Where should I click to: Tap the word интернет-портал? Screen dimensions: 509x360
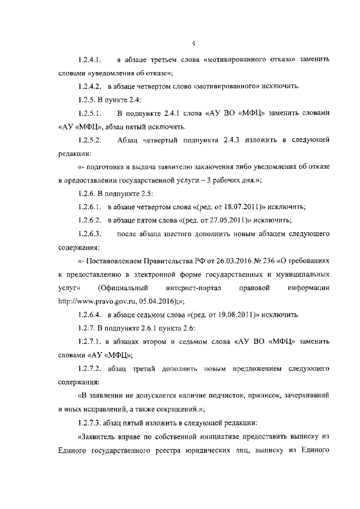click(193, 288)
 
